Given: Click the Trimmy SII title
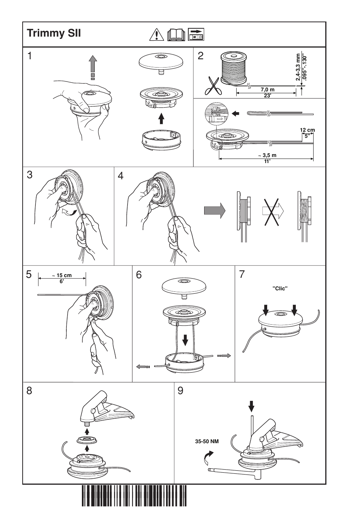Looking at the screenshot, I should pyautogui.click(x=54, y=33).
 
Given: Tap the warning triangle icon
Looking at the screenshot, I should pyautogui.click(x=155, y=34).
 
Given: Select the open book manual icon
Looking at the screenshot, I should pyautogui.click(x=176, y=35).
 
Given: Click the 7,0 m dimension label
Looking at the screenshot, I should pyautogui.click(x=268, y=90).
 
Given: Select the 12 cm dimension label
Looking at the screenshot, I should pyautogui.click(x=307, y=130).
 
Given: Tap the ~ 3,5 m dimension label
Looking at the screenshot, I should pyautogui.click(x=267, y=156).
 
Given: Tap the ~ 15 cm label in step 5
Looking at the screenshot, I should pyautogui.click(x=62, y=276).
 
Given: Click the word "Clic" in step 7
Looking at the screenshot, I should pyautogui.click(x=280, y=288).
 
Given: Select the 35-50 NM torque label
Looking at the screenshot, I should pyautogui.click(x=207, y=441).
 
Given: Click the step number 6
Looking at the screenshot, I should pyautogui.click(x=139, y=275).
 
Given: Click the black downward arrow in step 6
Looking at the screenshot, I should pyautogui.click(x=185, y=341).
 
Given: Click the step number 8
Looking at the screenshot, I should pyautogui.click(x=29, y=391).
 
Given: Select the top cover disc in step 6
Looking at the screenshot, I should pyautogui.click(x=184, y=286).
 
